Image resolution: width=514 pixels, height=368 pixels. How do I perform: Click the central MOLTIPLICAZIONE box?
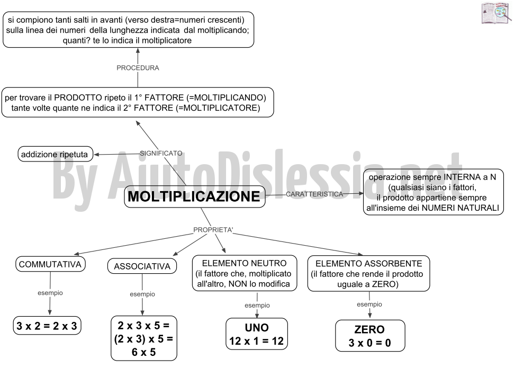coord(194,196)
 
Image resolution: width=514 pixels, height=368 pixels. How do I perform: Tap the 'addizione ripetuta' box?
coord(55,154)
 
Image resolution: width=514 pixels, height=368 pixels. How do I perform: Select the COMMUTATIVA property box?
coord(50,264)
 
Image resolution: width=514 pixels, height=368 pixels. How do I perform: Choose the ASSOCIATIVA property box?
coord(142,266)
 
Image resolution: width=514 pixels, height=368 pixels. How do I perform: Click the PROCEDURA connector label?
coord(138,68)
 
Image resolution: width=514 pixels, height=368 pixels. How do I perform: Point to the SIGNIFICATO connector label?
coord(161,153)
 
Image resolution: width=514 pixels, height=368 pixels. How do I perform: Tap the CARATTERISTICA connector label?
coord(314,194)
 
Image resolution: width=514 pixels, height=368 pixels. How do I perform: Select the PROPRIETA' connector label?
coord(213,230)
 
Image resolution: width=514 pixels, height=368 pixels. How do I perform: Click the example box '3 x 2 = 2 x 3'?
coord(47,326)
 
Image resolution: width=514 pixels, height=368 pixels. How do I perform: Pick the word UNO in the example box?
coord(257,327)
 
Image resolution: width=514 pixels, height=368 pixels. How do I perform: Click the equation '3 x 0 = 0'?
coord(370,343)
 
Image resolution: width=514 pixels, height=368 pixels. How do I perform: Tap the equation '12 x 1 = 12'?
coord(256,341)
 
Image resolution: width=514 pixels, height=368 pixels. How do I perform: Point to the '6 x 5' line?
coord(143,352)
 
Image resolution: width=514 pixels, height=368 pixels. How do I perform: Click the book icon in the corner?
coord(497,13)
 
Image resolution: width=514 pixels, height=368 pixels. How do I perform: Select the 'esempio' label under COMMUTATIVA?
coord(50,293)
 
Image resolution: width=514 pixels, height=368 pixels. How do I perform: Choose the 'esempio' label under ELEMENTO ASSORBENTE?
coord(369,304)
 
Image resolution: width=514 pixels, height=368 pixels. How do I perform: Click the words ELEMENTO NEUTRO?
coord(244,263)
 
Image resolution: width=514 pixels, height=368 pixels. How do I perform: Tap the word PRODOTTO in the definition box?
coord(78,98)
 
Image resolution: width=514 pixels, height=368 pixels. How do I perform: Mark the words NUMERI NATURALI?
coord(460,208)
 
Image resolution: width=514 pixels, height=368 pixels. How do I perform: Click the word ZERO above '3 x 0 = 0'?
coord(369,329)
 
